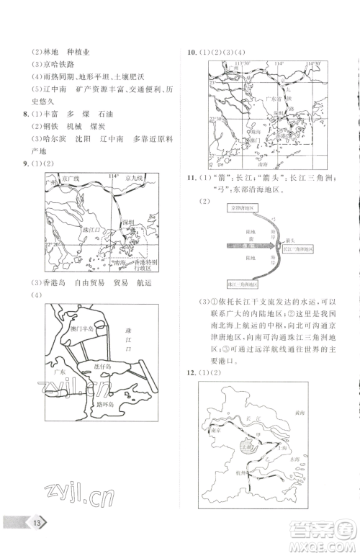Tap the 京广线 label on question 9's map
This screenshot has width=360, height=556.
tap(68, 177)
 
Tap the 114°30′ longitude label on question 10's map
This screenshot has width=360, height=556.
tap(314, 63)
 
